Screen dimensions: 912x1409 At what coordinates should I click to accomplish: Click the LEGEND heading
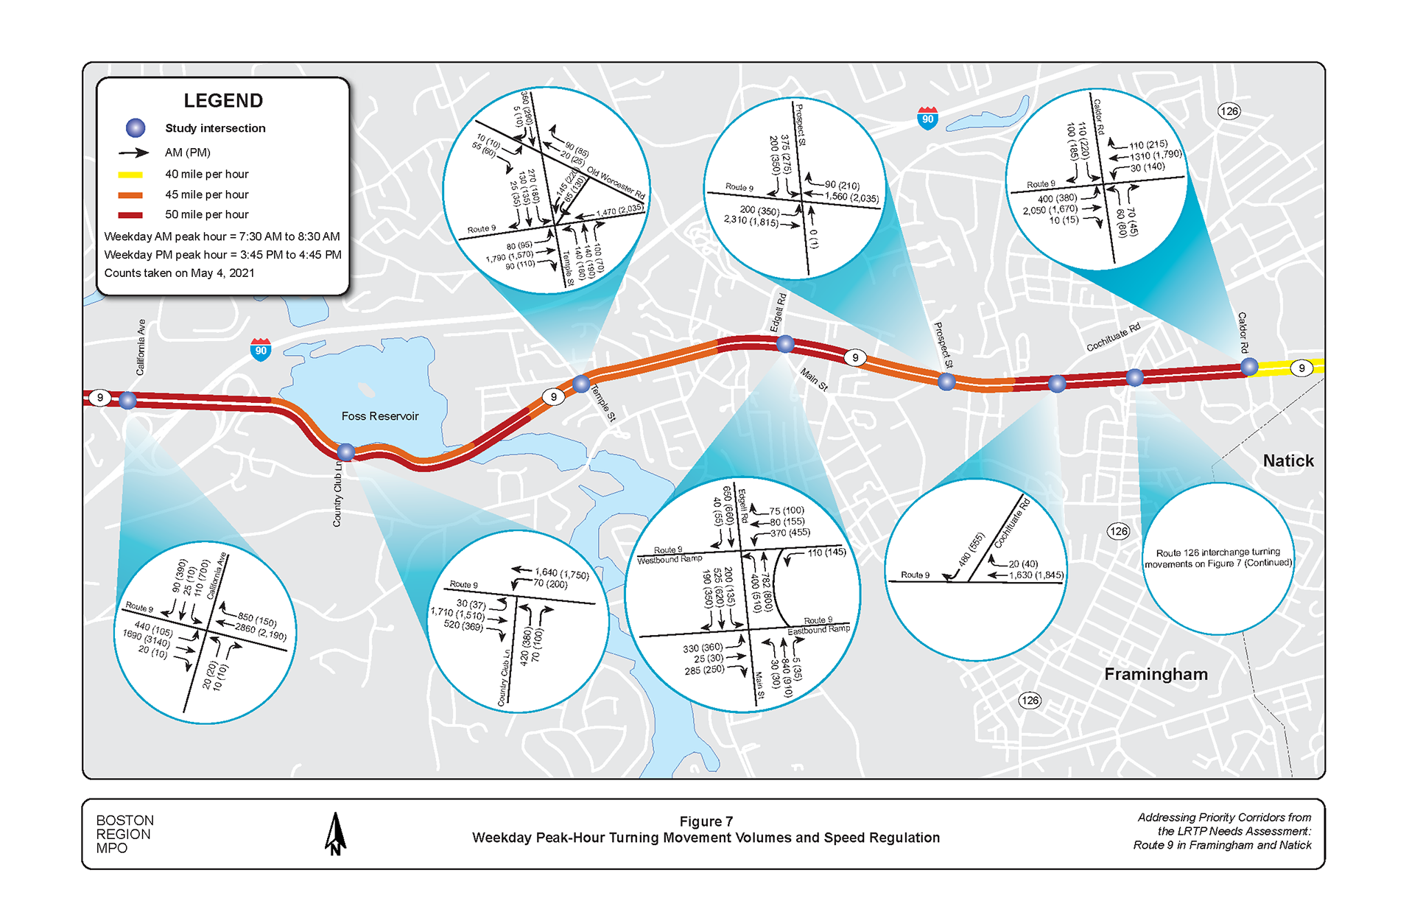pos(222,101)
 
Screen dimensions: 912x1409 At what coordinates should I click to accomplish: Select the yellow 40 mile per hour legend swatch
pos(130,175)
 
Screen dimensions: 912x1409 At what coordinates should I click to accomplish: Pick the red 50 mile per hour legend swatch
pos(130,215)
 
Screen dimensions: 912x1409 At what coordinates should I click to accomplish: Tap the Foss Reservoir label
pos(379,416)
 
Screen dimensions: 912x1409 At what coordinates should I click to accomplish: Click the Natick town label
pos(1287,461)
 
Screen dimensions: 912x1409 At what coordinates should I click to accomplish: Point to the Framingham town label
pos(1155,674)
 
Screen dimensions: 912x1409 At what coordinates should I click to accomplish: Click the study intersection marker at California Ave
pos(127,401)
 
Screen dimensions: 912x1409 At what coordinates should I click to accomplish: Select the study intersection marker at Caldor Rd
pos(1249,366)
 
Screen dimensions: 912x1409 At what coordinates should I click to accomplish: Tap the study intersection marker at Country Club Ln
pos(345,452)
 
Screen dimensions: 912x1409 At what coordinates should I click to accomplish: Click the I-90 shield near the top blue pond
pos(927,118)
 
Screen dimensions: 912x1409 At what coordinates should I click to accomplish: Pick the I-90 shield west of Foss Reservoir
pos(261,350)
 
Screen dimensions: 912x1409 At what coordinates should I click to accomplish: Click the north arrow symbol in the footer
pos(335,834)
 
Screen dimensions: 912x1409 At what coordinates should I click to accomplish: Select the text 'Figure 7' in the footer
pos(706,821)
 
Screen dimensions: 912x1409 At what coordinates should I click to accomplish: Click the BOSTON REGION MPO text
pos(124,834)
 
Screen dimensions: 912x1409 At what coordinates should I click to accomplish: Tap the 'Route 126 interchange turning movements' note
pos(1217,558)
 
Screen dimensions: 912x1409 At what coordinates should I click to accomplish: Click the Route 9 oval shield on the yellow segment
pos(1301,368)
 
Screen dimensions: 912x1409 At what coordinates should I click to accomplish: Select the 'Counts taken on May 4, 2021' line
pos(179,273)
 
